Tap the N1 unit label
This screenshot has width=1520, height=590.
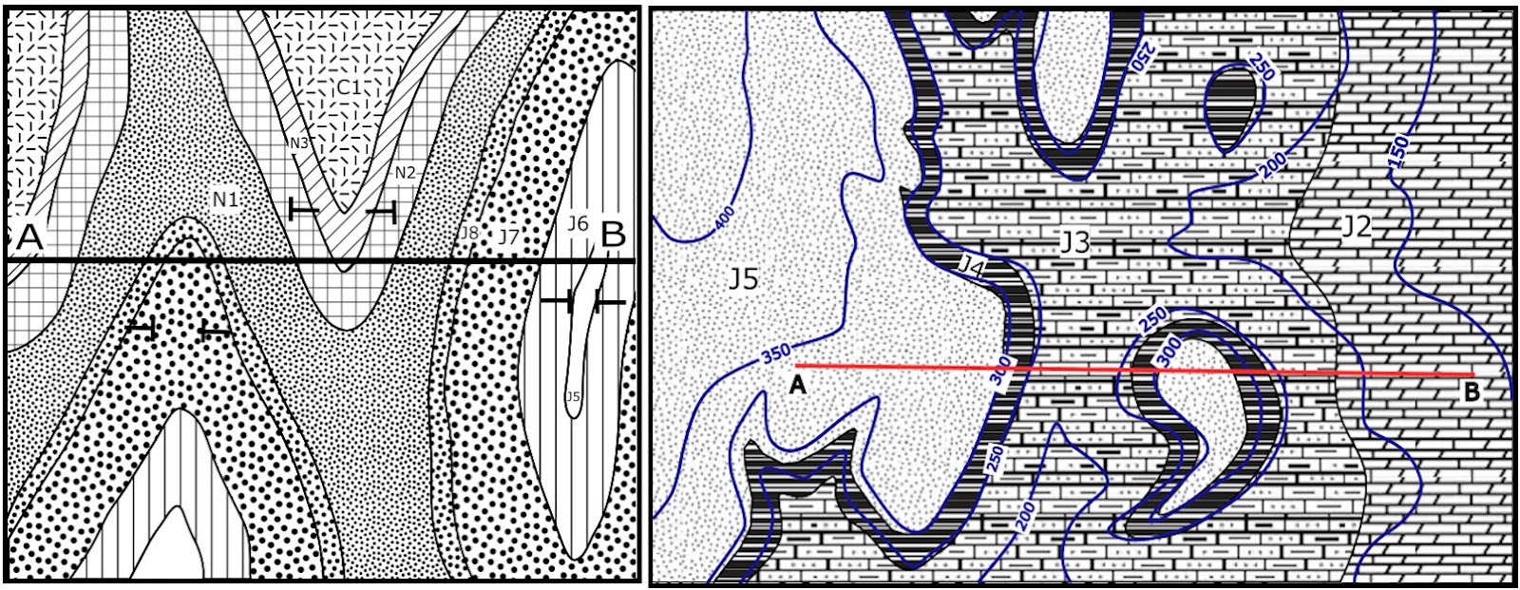tap(225, 200)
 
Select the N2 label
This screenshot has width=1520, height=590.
tap(405, 172)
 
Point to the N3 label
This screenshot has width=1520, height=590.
tap(299, 143)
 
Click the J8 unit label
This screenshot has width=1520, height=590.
tap(468, 232)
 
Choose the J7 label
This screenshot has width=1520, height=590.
tap(508, 235)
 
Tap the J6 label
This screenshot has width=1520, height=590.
tap(578, 224)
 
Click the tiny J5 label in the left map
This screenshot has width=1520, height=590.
tap(573, 396)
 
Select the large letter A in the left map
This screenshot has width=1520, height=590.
tap(29, 237)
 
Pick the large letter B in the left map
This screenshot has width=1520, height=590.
tap(614, 233)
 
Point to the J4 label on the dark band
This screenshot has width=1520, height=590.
tap(970, 269)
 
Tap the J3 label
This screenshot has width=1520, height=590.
tap(1073, 242)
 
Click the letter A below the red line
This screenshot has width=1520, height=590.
tap(798, 385)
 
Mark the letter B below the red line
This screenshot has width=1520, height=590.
tap(1472, 390)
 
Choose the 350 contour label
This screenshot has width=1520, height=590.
tap(776, 353)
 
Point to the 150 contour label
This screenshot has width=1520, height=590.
tap(1397, 152)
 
